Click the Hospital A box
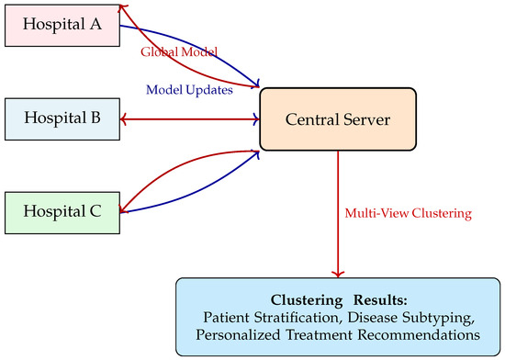pos(62,26)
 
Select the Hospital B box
pos(62,119)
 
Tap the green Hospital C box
pos(62,213)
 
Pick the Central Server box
pos(338,119)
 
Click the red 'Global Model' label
pos(179,51)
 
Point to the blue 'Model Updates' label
pos(189,90)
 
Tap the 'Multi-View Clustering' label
pos(408,213)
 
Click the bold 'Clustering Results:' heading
pos(339,300)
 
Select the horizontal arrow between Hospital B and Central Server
pos(190,119)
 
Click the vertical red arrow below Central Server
pos(338,214)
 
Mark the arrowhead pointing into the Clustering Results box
pos(338,274)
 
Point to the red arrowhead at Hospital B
pos(123,119)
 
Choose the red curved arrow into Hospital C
pos(181,165)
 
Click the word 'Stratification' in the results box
pos(298,318)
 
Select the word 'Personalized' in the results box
pos(238,335)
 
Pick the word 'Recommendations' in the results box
pos(419,335)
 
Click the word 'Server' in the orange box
pos(366,119)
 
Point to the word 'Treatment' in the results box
pos(319,335)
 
